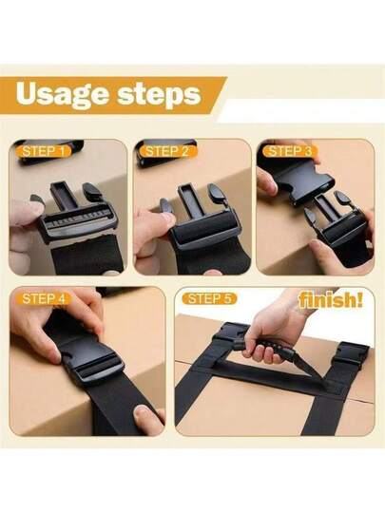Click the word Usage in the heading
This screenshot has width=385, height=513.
click(x=63, y=94)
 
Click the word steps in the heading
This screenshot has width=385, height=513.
click(x=159, y=95)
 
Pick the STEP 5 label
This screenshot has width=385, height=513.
click(x=210, y=298)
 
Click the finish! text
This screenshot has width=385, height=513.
click(x=331, y=300)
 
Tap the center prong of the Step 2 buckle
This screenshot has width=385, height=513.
click(x=191, y=199)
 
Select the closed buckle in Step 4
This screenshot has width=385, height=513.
click(x=92, y=359)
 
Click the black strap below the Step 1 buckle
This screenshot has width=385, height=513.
click(x=88, y=256)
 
